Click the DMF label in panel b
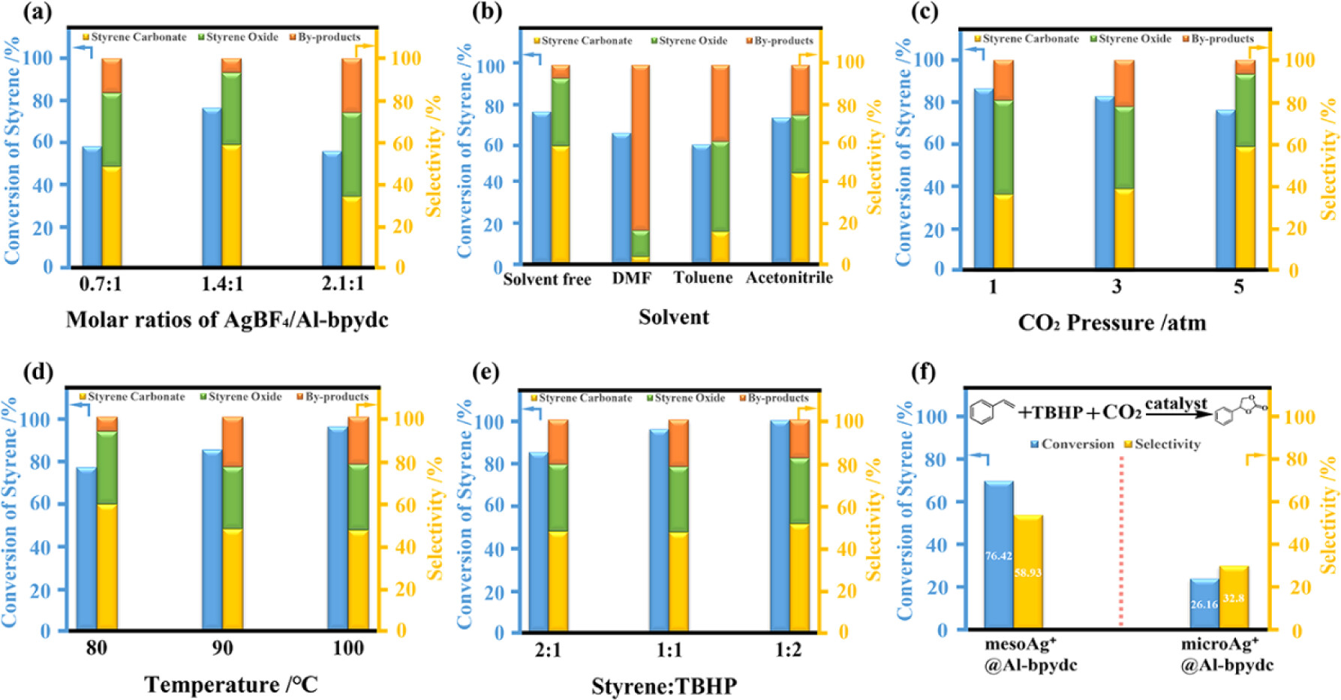click(x=631, y=278)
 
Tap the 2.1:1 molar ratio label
click(x=343, y=284)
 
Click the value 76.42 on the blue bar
click(x=998, y=556)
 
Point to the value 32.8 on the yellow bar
click(x=1234, y=598)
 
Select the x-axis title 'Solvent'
click(x=673, y=317)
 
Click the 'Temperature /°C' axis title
click(x=231, y=684)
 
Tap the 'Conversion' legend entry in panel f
click(x=1072, y=444)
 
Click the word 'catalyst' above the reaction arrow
click(x=1175, y=404)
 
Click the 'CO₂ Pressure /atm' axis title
click(x=1111, y=323)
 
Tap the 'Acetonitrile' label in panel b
click(x=789, y=278)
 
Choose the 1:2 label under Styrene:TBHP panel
click(x=788, y=650)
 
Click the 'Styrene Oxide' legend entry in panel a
click(x=238, y=37)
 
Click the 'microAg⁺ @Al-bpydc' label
click(x=1226, y=654)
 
